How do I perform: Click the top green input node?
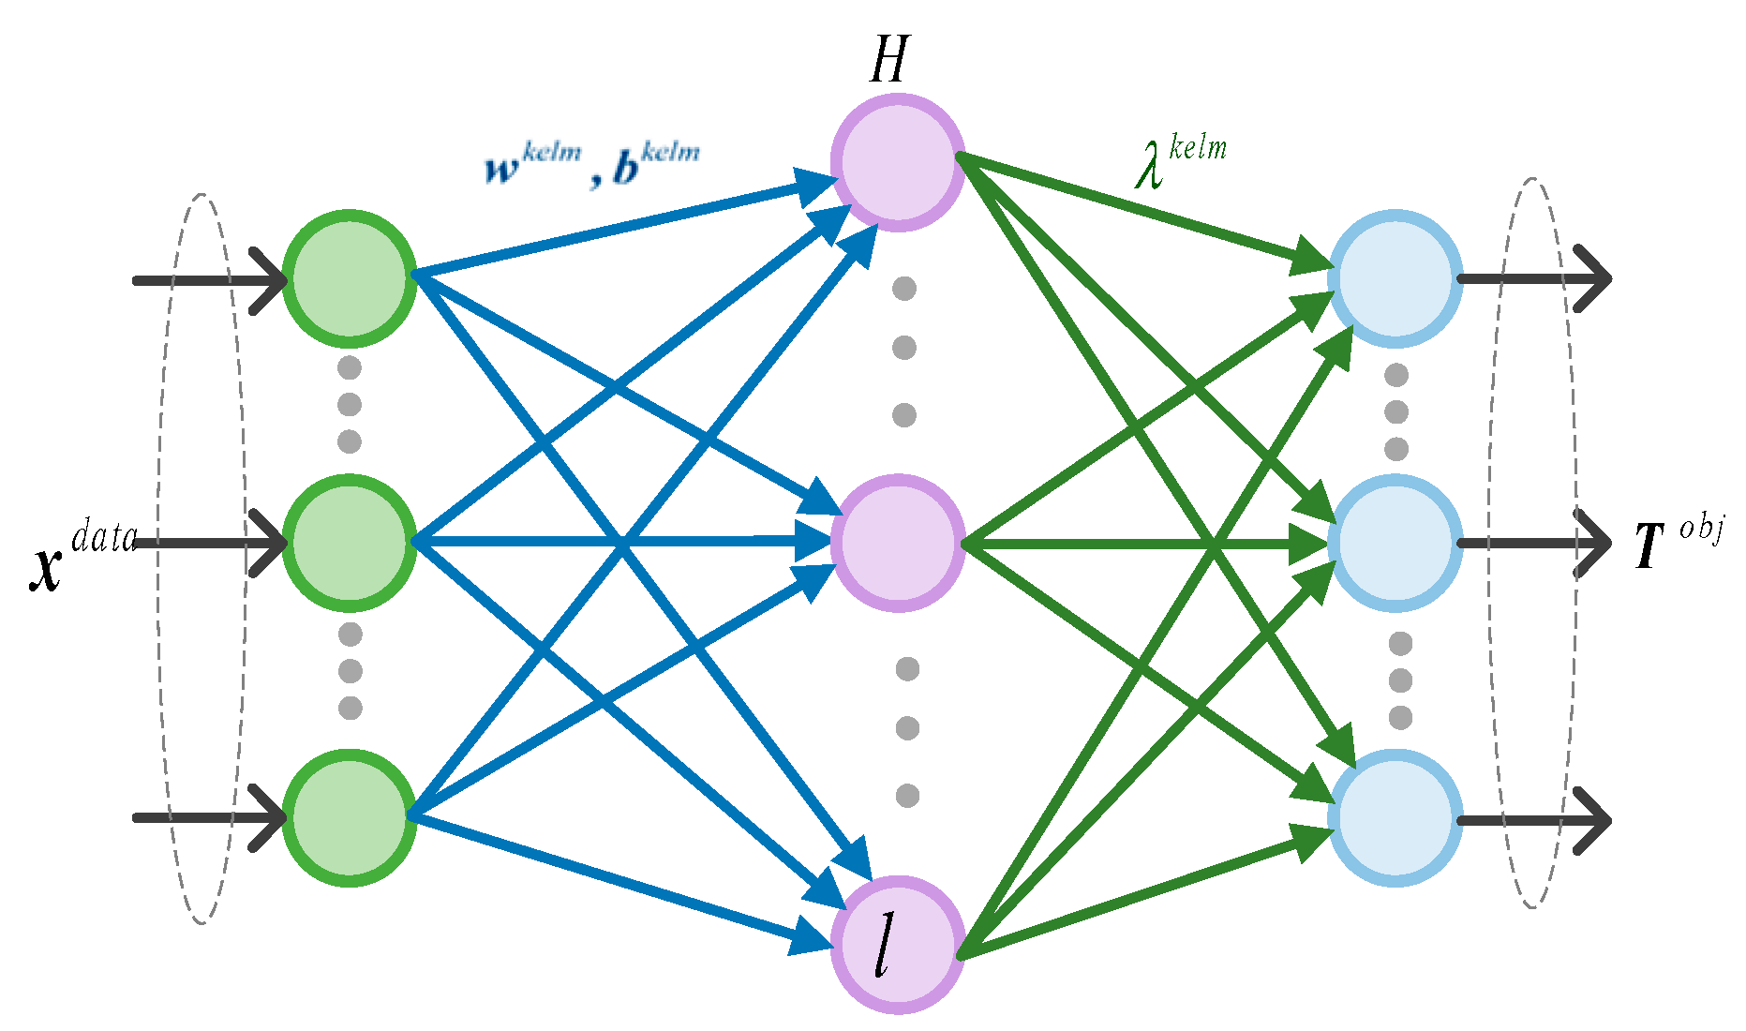click(350, 278)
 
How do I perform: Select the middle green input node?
click(350, 543)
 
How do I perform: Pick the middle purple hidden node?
click(898, 543)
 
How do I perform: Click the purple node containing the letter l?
click(898, 945)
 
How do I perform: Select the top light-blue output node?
click(1395, 278)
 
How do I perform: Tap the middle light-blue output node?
click(1395, 543)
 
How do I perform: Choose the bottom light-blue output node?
click(1395, 818)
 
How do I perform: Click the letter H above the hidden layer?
click(888, 61)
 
